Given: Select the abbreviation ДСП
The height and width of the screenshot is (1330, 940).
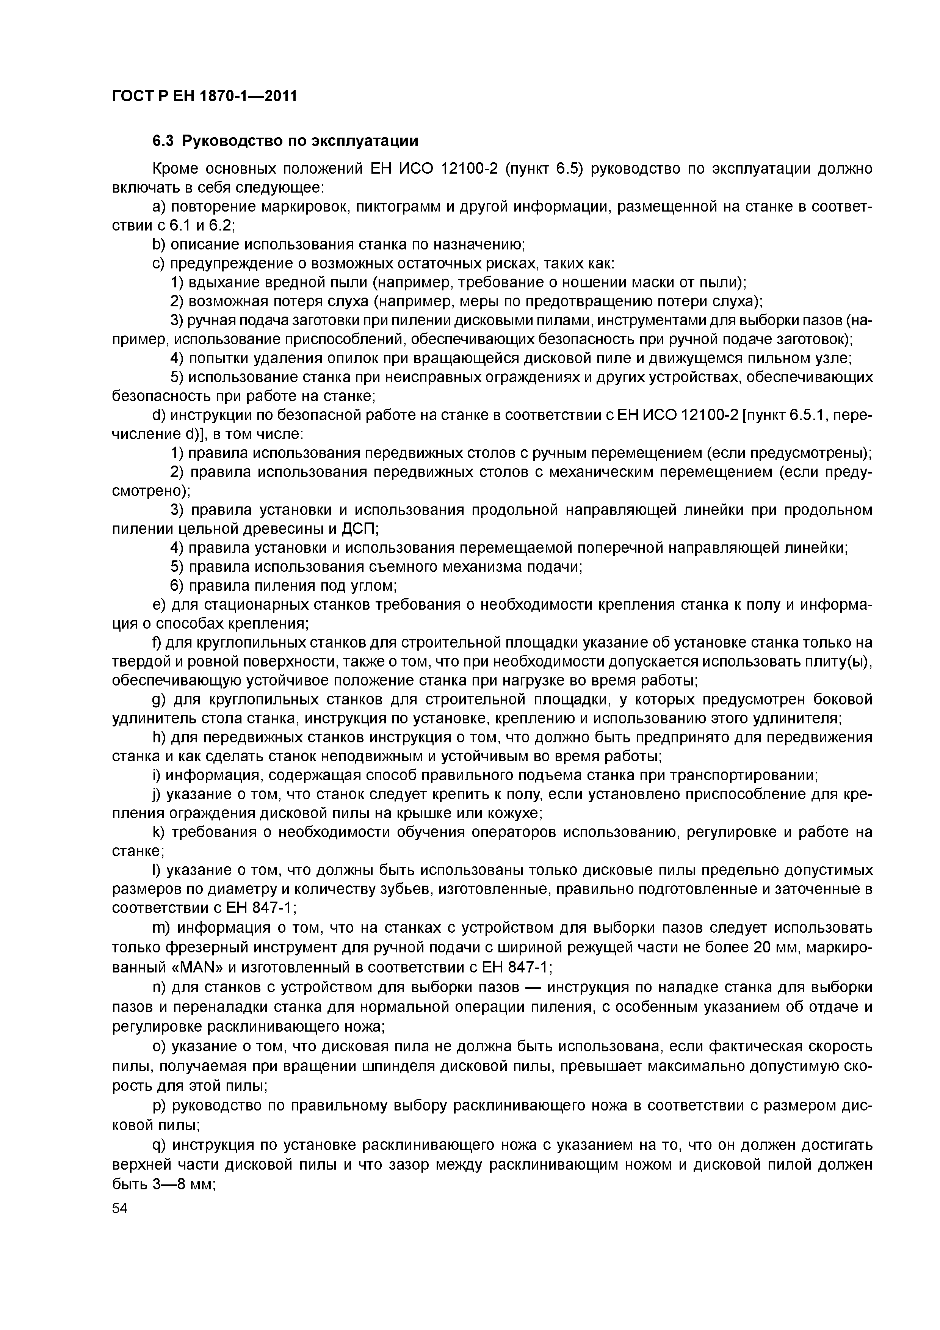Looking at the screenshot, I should click(x=359, y=529).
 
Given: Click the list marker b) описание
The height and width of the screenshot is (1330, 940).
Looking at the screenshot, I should click(x=158, y=245).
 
